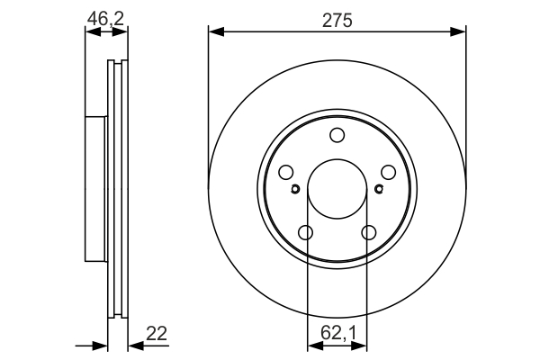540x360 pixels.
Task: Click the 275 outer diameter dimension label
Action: click(x=337, y=17)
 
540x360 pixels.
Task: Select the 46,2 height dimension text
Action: click(x=105, y=16)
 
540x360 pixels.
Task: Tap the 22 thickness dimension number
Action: click(x=157, y=333)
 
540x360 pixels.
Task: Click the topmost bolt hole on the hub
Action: click(x=337, y=136)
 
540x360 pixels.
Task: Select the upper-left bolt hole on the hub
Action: click(x=286, y=173)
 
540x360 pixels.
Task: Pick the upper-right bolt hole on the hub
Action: click(x=388, y=173)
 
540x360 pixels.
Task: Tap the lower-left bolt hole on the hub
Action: click(x=306, y=233)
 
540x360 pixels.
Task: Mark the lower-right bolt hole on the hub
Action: click(x=368, y=233)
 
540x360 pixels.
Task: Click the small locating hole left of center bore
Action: click(x=296, y=189)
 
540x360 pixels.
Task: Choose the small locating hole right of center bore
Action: click(x=378, y=189)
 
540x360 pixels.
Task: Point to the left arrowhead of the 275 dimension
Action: click(x=214, y=31)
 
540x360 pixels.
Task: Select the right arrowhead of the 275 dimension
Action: click(x=460, y=31)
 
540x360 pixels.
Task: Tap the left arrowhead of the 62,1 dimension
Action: click(x=311, y=345)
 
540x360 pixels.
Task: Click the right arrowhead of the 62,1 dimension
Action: click(x=363, y=345)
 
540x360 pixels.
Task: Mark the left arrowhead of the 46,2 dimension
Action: click(x=90, y=31)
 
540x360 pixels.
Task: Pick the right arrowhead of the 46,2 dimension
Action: click(x=122, y=31)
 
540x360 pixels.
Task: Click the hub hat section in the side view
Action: click(x=95, y=189)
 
